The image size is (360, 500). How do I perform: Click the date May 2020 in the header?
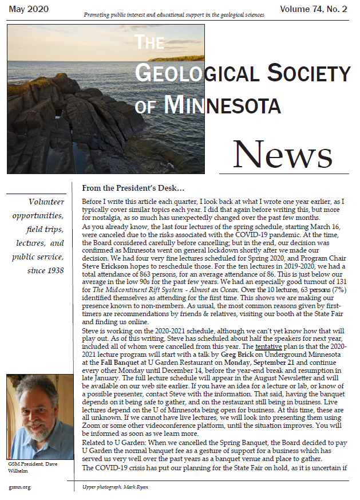pos(27,9)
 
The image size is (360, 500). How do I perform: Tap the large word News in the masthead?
pos(283,154)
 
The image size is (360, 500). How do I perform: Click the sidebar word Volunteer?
pos(46,202)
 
